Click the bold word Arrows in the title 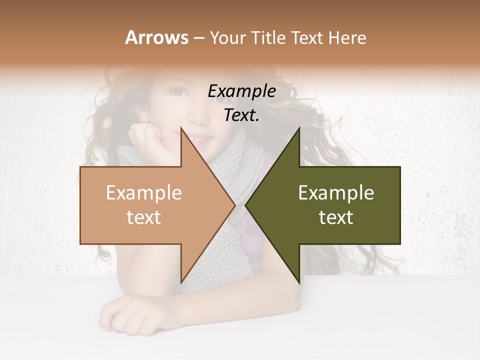tap(156, 37)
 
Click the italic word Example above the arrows tap(241, 91)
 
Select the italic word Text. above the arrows tap(241, 115)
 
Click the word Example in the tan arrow tap(143, 192)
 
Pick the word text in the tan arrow tap(143, 217)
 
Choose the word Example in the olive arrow tap(336, 192)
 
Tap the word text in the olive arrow tap(336, 217)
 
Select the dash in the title tap(198, 38)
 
